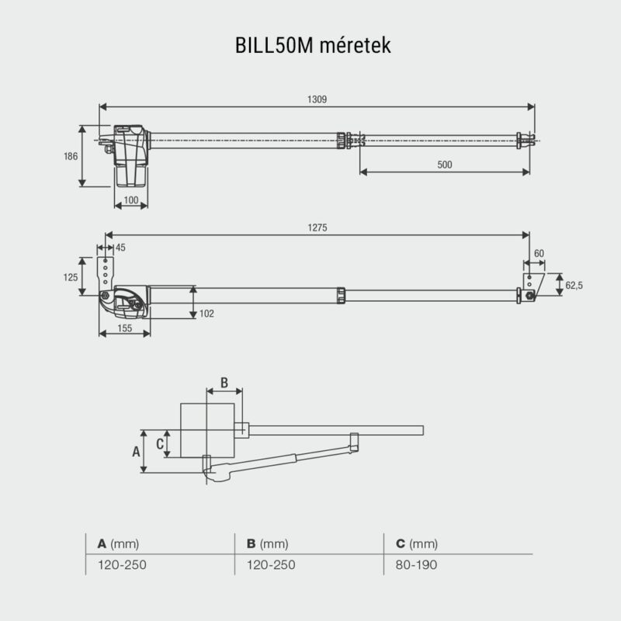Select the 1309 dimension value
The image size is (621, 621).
pos(316,99)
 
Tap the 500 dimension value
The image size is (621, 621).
pos(444,165)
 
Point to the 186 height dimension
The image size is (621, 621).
pos(71,156)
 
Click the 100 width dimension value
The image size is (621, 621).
pos(131,201)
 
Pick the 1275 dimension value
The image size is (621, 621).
pos(316,227)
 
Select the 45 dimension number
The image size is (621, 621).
pos(120,248)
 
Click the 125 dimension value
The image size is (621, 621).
pos(71,276)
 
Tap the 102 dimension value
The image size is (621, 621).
pos(206,314)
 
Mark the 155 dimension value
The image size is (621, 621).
pos(124,328)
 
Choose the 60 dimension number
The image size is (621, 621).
pos(539,254)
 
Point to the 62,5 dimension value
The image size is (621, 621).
pos(574,286)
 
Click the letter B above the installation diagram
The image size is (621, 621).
pos(224,382)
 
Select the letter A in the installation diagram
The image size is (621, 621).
pos(136,450)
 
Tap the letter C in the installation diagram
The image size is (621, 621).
pos(160,443)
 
